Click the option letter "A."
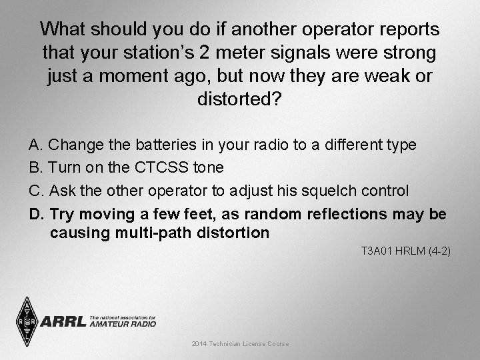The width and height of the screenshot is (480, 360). coord(35,145)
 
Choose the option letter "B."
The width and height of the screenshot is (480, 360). coord(35,167)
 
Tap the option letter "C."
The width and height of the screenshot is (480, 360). coord(35,191)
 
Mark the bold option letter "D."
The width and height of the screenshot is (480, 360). coord(36,214)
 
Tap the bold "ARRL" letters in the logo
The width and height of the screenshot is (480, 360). coord(63,322)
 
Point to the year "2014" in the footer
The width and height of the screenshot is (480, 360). coord(199,344)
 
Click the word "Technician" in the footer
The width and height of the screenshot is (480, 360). coord(227,344)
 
